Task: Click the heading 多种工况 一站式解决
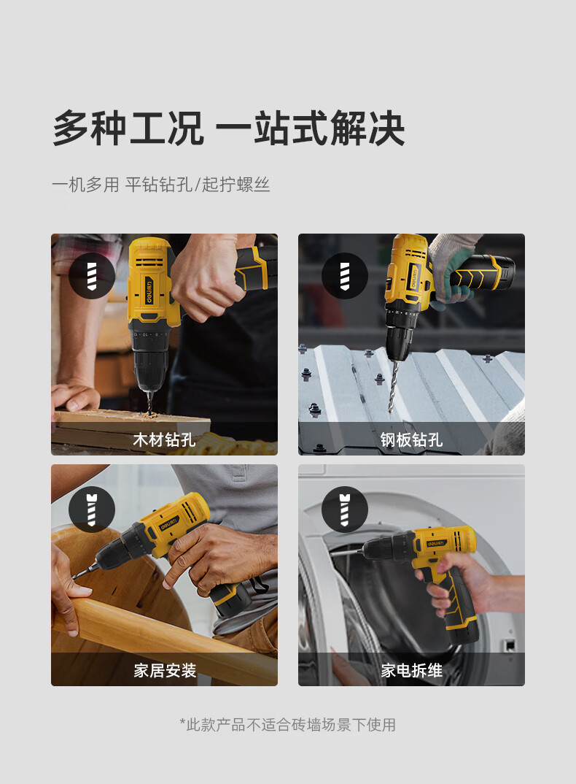pos(228,128)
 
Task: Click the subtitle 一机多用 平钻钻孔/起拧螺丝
pos(160,185)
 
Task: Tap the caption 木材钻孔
pos(164,440)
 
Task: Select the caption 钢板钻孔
pos(411,440)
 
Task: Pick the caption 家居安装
pos(164,670)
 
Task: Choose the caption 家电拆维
pos(411,670)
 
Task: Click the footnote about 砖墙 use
pos(287,725)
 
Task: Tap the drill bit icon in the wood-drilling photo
pos(92,276)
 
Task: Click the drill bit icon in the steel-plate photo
pos(344,276)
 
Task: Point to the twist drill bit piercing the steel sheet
pos(394,383)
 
